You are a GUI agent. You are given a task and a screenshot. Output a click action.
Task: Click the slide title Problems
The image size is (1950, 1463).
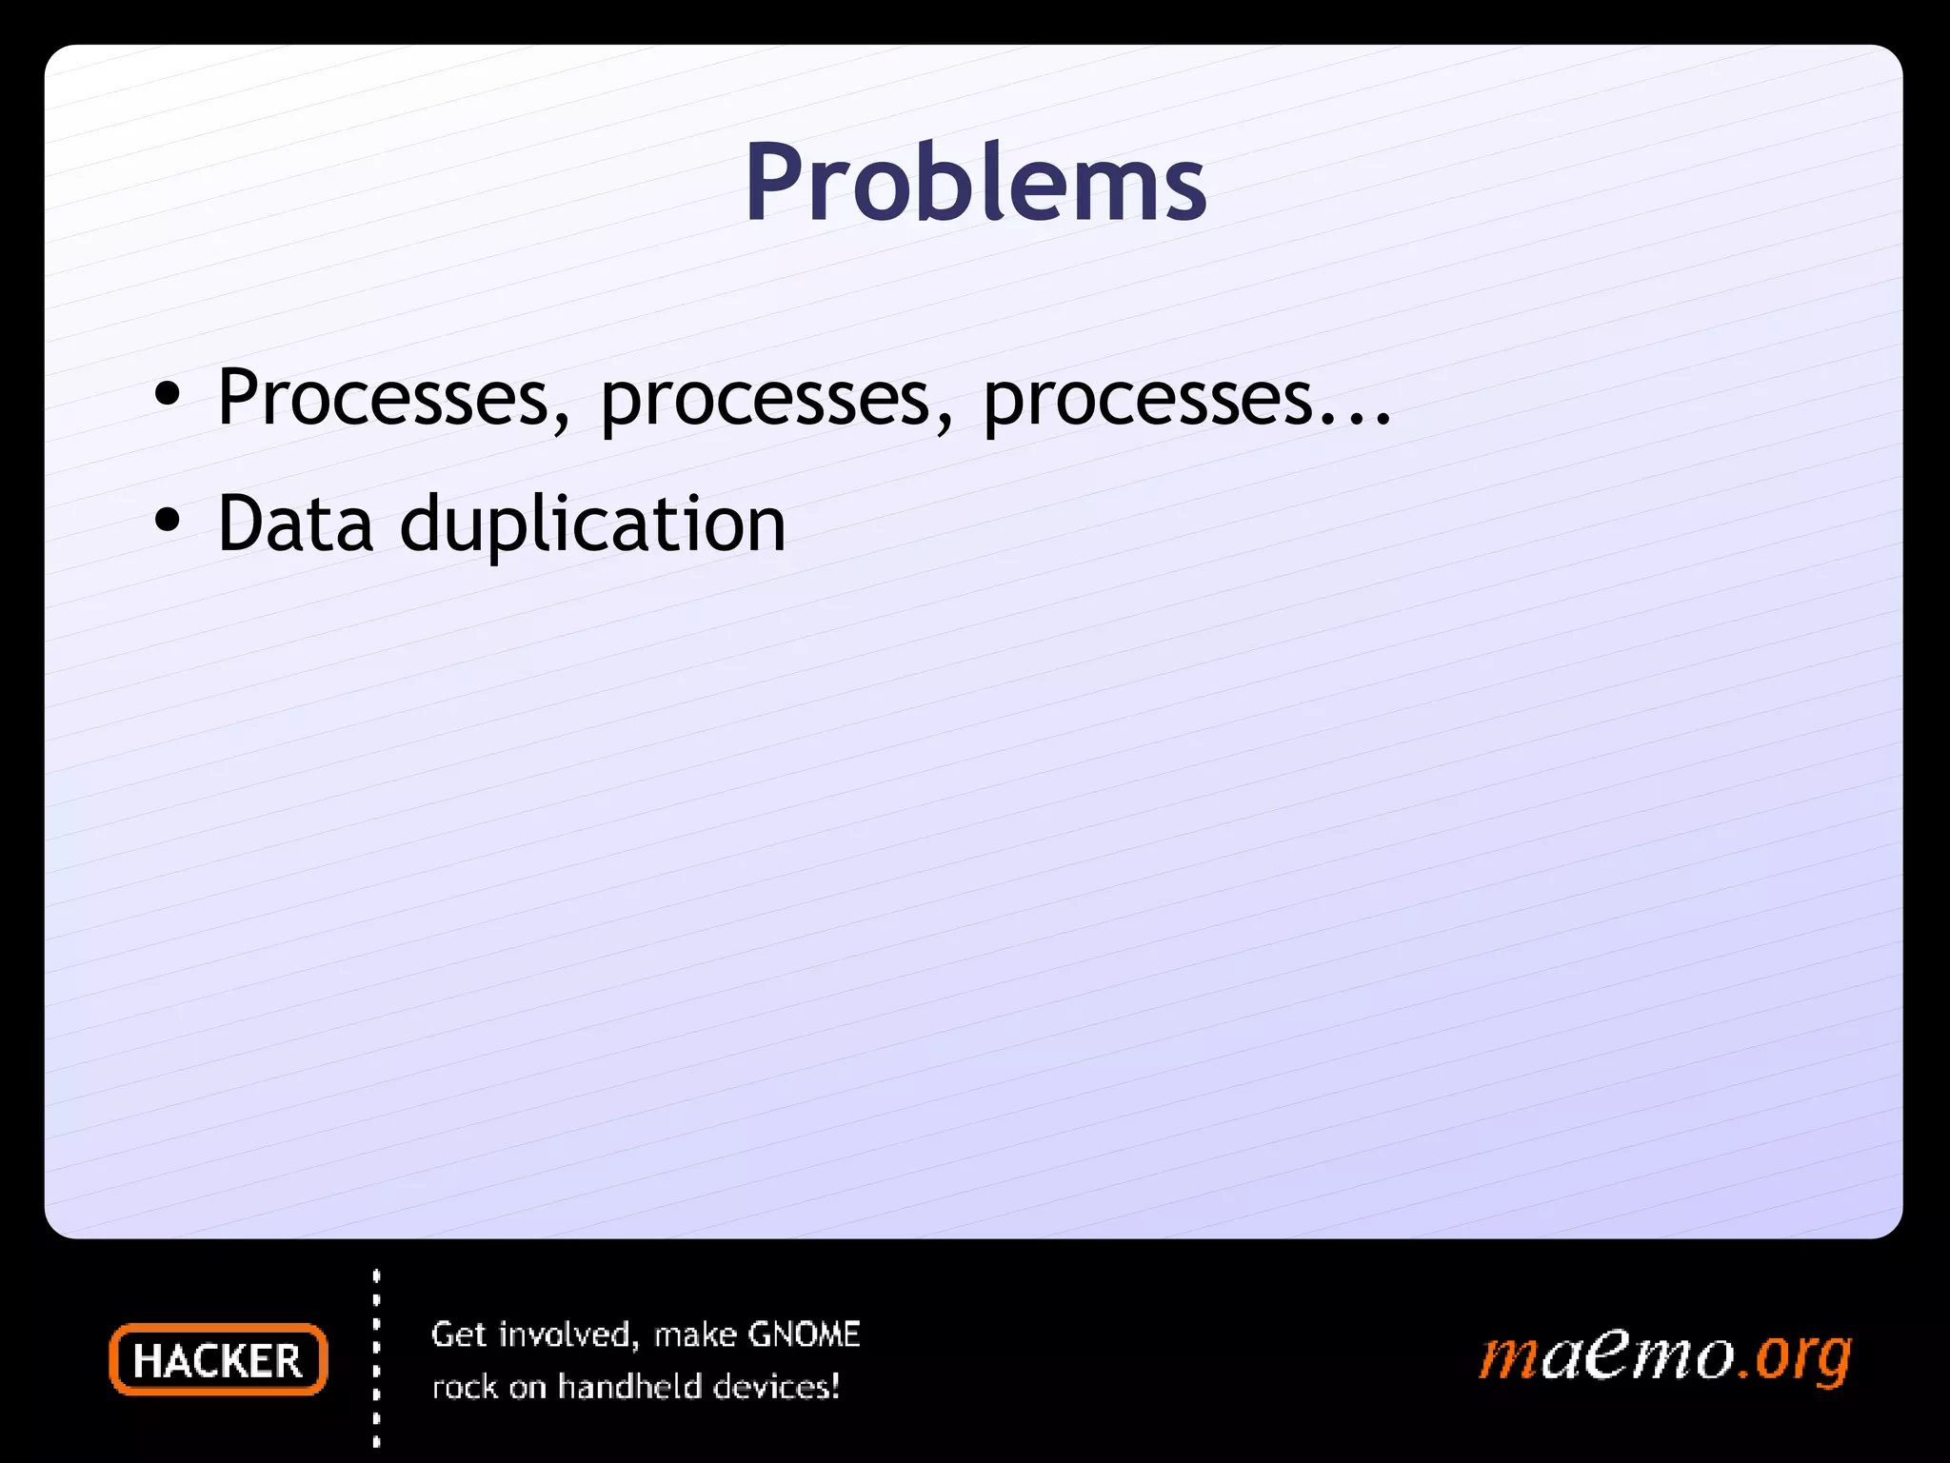pyautogui.click(x=975, y=183)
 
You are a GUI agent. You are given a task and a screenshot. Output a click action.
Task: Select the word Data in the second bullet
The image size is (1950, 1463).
pyautogui.click(x=295, y=524)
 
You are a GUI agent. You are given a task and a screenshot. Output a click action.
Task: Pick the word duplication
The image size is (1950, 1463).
pyautogui.click(x=592, y=525)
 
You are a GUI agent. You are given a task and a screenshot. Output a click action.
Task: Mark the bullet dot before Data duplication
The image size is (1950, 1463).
pyautogui.click(x=168, y=522)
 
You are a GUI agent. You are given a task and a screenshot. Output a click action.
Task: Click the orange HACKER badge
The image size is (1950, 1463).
pyautogui.click(x=218, y=1360)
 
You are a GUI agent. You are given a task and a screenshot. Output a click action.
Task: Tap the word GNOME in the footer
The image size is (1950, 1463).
pyautogui.click(x=804, y=1334)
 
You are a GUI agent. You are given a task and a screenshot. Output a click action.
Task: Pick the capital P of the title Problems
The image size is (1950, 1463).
pyautogui.click(x=774, y=183)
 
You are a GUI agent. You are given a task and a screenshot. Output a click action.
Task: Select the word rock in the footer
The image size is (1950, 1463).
pyautogui.click(x=466, y=1388)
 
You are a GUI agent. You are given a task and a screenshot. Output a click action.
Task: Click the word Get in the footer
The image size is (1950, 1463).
pyautogui.click(x=460, y=1334)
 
